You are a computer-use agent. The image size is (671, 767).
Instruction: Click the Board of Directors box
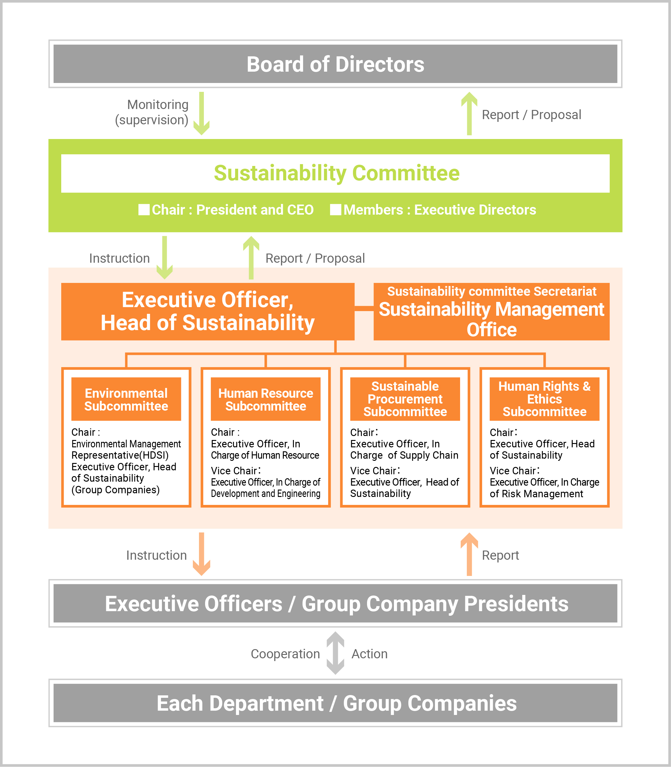[x=335, y=64]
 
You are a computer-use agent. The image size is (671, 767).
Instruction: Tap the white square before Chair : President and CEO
[x=144, y=210]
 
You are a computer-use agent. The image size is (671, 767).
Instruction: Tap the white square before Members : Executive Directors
[x=335, y=210]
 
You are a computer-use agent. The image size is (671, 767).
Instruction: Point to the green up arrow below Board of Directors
[x=469, y=114]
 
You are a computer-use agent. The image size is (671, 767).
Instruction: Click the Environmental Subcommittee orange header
[x=126, y=399]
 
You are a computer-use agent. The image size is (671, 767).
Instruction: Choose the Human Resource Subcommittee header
[x=265, y=399]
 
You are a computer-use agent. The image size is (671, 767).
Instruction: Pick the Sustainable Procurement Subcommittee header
[x=405, y=399]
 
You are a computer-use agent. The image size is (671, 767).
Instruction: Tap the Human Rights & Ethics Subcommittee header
[x=545, y=399]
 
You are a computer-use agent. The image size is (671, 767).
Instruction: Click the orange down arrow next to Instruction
[x=201, y=554]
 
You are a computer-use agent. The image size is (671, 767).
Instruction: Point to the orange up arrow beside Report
[x=469, y=554]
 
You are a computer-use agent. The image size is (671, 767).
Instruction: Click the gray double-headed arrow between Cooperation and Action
[x=335, y=653]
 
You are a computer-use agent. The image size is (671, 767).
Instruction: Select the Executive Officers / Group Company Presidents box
[x=335, y=603]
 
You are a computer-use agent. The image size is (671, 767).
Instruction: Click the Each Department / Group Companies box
[x=335, y=703]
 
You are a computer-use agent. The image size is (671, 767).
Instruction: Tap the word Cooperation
[x=285, y=654]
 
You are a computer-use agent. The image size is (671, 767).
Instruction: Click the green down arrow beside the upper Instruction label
[x=164, y=258]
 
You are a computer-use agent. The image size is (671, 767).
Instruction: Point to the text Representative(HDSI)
[x=120, y=455]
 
